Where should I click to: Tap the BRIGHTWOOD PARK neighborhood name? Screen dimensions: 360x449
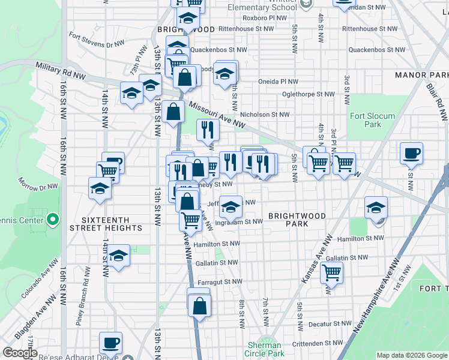click(297, 220)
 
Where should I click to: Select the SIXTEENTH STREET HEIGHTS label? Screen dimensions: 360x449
click(106, 224)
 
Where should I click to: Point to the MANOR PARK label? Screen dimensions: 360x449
click(422, 75)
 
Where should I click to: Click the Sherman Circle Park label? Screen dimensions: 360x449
click(265, 349)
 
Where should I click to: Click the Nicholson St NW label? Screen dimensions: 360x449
click(265, 114)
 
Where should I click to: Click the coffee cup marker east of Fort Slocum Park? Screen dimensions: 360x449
click(411, 153)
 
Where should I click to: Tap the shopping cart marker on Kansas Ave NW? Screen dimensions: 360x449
click(332, 273)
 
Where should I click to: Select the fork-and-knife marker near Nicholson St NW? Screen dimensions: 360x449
click(208, 129)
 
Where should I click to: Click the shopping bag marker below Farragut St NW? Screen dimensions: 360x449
click(199, 306)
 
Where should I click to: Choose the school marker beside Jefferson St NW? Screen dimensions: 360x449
click(231, 207)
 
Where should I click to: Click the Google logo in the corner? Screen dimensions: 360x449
click(20, 353)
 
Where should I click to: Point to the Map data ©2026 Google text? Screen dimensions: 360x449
click(411, 355)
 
